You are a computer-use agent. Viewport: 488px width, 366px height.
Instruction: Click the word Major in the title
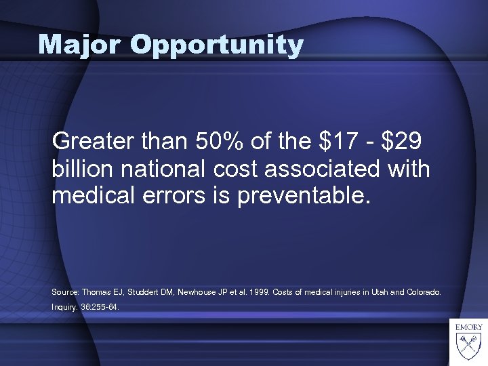click(80, 45)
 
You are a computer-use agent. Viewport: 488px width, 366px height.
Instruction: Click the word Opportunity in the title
click(217, 46)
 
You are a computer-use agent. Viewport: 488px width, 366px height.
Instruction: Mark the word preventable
click(308, 196)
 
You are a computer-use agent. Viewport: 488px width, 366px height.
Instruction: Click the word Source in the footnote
click(65, 292)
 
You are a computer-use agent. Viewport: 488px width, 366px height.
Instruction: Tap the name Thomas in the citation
click(98, 292)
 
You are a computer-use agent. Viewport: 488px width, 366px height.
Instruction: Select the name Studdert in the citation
click(141, 292)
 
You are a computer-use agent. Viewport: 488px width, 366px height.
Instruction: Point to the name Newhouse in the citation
click(196, 292)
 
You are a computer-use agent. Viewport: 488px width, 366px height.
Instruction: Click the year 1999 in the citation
click(261, 292)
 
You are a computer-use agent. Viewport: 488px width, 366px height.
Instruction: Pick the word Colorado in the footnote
click(424, 292)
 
